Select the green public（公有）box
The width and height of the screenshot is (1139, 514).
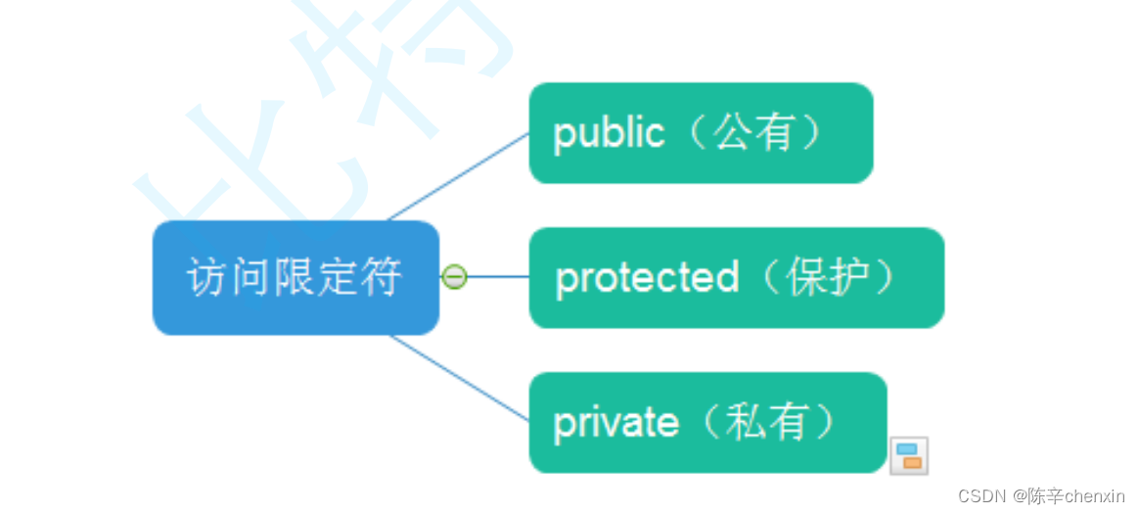pyautogui.click(x=701, y=133)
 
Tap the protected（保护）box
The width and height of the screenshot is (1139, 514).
pyautogui.click(x=736, y=278)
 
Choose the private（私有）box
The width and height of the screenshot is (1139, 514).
pyautogui.click(x=707, y=422)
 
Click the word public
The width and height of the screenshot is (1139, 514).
pyautogui.click(x=609, y=134)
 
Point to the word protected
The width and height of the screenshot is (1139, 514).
pyautogui.click(x=647, y=279)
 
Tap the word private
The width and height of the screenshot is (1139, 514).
pyautogui.click(x=615, y=423)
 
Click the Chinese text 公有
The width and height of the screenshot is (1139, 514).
pyautogui.click(x=752, y=133)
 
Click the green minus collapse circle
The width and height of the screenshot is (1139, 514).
pyautogui.click(x=454, y=277)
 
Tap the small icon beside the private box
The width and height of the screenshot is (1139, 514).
pyautogui.click(x=908, y=455)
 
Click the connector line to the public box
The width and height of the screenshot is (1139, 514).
pyautogui.click(x=460, y=176)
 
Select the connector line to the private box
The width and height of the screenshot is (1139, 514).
pyautogui.click(x=460, y=378)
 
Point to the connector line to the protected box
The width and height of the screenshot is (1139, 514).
pyautogui.click(x=499, y=277)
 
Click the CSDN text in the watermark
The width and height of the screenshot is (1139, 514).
pyautogui.click(x=981, y=496)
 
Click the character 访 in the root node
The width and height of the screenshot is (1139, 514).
pyautogui.click(x=207, y=277)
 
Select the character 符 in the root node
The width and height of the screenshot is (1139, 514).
pyautogui.click(x=382, y=277)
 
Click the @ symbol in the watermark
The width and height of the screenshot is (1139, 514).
pyautogui.click(x=1018, y=496)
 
